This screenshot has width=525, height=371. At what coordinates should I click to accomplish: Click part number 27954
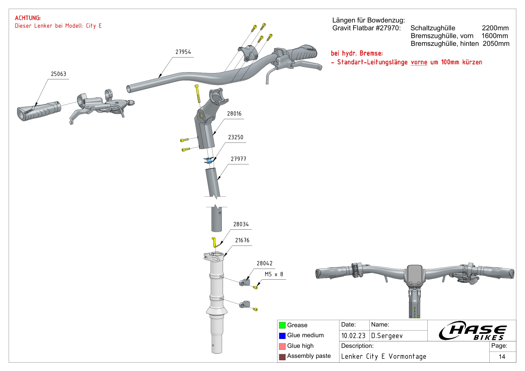click(183, 52)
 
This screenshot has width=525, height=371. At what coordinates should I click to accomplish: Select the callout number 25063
click(58, 74)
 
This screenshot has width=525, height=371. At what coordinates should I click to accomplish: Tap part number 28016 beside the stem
click(234, 114)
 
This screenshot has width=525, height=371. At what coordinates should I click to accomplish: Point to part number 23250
click(236, 137)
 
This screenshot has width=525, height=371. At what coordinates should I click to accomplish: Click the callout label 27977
click(238, 159)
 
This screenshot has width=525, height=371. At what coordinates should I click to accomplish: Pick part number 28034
click(241, 224)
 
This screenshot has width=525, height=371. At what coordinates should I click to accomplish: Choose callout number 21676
click(242, 240)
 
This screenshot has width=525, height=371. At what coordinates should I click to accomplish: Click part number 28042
click(265, 264)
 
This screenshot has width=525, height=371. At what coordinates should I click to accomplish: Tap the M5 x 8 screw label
click(274, 274)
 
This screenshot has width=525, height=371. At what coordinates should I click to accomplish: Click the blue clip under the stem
click(209, 160)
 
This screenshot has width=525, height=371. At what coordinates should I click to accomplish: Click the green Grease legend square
click(282, 325)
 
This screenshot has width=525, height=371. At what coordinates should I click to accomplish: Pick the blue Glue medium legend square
click(282, 336)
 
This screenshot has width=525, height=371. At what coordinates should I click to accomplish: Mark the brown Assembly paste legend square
click(282, 357)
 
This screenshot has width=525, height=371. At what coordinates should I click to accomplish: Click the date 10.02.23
click(353, 336)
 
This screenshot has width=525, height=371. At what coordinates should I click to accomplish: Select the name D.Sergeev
click(387, 336)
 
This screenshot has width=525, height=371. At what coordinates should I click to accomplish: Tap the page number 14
click(502, 357)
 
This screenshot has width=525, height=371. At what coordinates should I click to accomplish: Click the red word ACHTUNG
click(28, 18)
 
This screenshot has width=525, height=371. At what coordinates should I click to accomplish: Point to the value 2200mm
click(495, 28)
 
